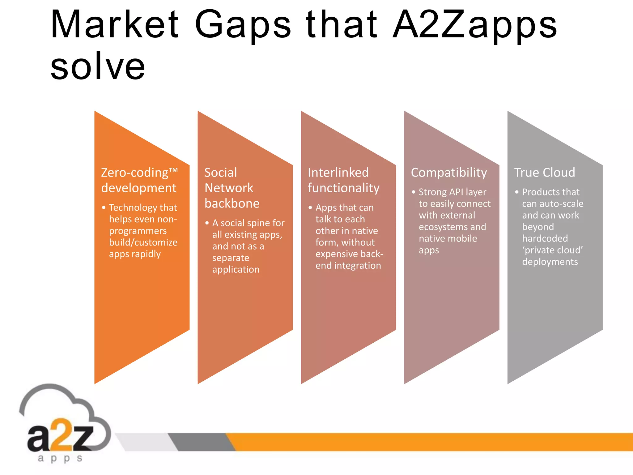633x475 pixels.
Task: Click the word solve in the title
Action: click(x=98, y=66)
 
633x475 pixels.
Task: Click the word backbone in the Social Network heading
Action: click(x=232, y=203)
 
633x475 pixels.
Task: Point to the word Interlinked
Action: click(x=338, y=173)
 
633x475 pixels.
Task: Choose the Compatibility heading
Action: click(x=449, y=173)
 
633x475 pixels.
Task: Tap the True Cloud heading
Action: click(x=545, y=173)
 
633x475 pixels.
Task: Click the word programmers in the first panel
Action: click(x=138, y=231)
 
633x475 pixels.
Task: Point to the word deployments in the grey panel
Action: click(x=550, y=262)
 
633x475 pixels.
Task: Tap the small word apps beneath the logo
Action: click(x=60, y=458)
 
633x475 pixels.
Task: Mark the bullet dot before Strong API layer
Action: click(x=414, y=192)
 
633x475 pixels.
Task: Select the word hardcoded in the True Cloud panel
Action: click(x=545, y=238)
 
